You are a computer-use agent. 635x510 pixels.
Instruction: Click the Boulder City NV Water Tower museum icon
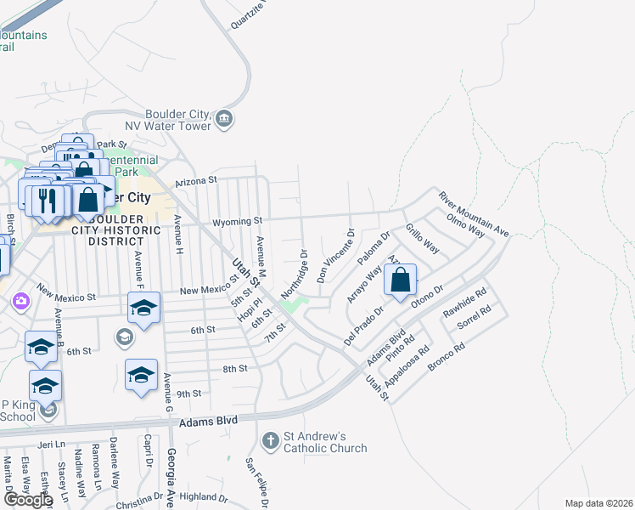pos(225,118)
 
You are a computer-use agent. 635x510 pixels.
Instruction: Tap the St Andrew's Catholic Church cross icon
pos(270,440)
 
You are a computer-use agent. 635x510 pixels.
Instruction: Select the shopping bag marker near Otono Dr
pos(400,280)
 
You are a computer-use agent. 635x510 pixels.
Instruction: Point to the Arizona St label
pos(197,181)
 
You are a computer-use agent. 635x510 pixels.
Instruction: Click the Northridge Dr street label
pos(293,274)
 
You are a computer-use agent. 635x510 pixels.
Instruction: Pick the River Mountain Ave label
pos(473,214)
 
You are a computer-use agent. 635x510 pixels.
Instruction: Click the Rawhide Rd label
pos(464,304)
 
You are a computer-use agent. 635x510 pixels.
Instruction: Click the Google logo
pos(27,500)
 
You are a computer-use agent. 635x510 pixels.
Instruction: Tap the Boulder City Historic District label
pos(124,229)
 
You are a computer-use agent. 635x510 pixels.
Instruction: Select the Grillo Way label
pos(422,238)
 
